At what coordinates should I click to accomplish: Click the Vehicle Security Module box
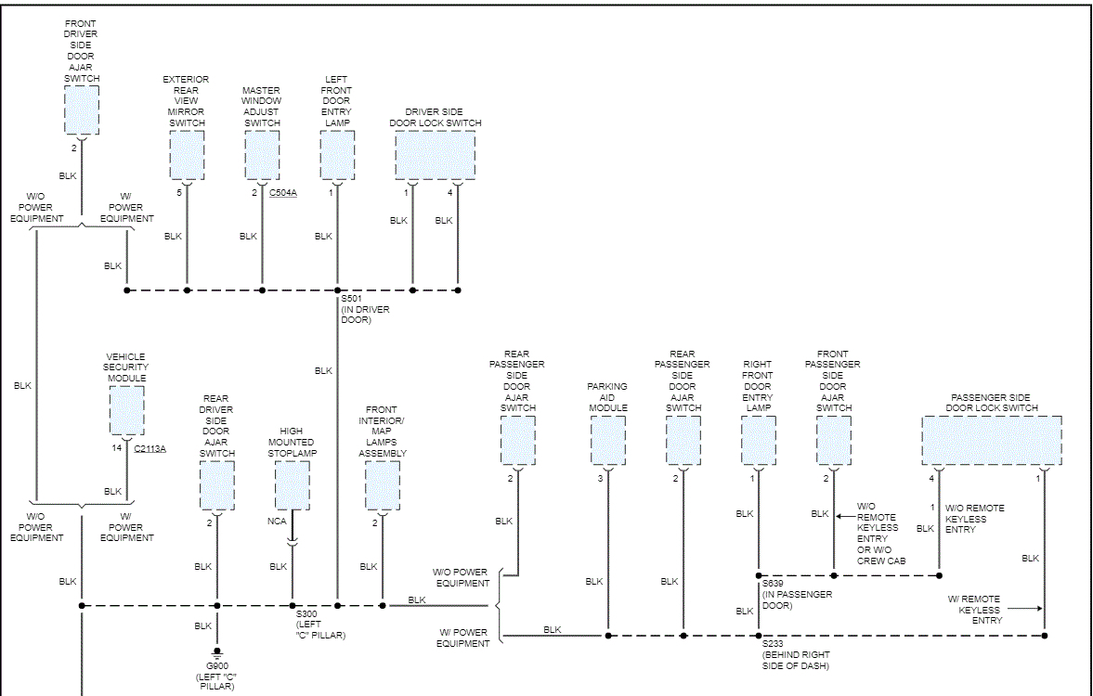pyautogui.click(x=127, y=409)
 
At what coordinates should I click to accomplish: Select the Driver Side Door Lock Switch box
pyautogui.click(x=435, y=155)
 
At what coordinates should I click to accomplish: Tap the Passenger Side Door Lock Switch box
pyautogui.click(x=991, y=440)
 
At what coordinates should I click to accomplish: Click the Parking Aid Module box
pyautogui.click(x=608, y=440)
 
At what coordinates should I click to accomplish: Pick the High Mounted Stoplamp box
pyautogui.click(x=293, y=485)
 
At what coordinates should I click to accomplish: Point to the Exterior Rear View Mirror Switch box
pyautogui.click(x=187, y=155)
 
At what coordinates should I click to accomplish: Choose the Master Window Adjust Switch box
pyautogui.click(x=262, y=155)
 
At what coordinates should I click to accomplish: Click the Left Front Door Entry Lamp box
pyautogui.click(x=337, y=155)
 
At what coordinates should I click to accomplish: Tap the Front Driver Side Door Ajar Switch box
pyautogui.click(x=82, y=110)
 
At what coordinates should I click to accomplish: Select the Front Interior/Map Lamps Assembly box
pyautogui.click(x=383, y=485)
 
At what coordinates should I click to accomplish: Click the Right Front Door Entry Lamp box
pyautogui.click(x=759, y=440)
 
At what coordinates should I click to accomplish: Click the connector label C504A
pyautogui.click(x=283, y=193)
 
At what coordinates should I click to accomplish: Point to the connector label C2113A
pyautogui.click(x=150, y=448)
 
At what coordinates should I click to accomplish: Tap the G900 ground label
pyautogui.click(x=216, y=666)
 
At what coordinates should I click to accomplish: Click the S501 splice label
pyautogui.click(x=350, y=299)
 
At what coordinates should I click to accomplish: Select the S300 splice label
pyautogui.click(x=306, y=614)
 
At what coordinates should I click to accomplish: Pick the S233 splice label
pyautogui.click(x=774, y=644)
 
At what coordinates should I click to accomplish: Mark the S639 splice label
pyautogui.click(x=774, y=584)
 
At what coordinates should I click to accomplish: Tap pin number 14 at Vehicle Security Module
pyautogui.click(x=117, y=448)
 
